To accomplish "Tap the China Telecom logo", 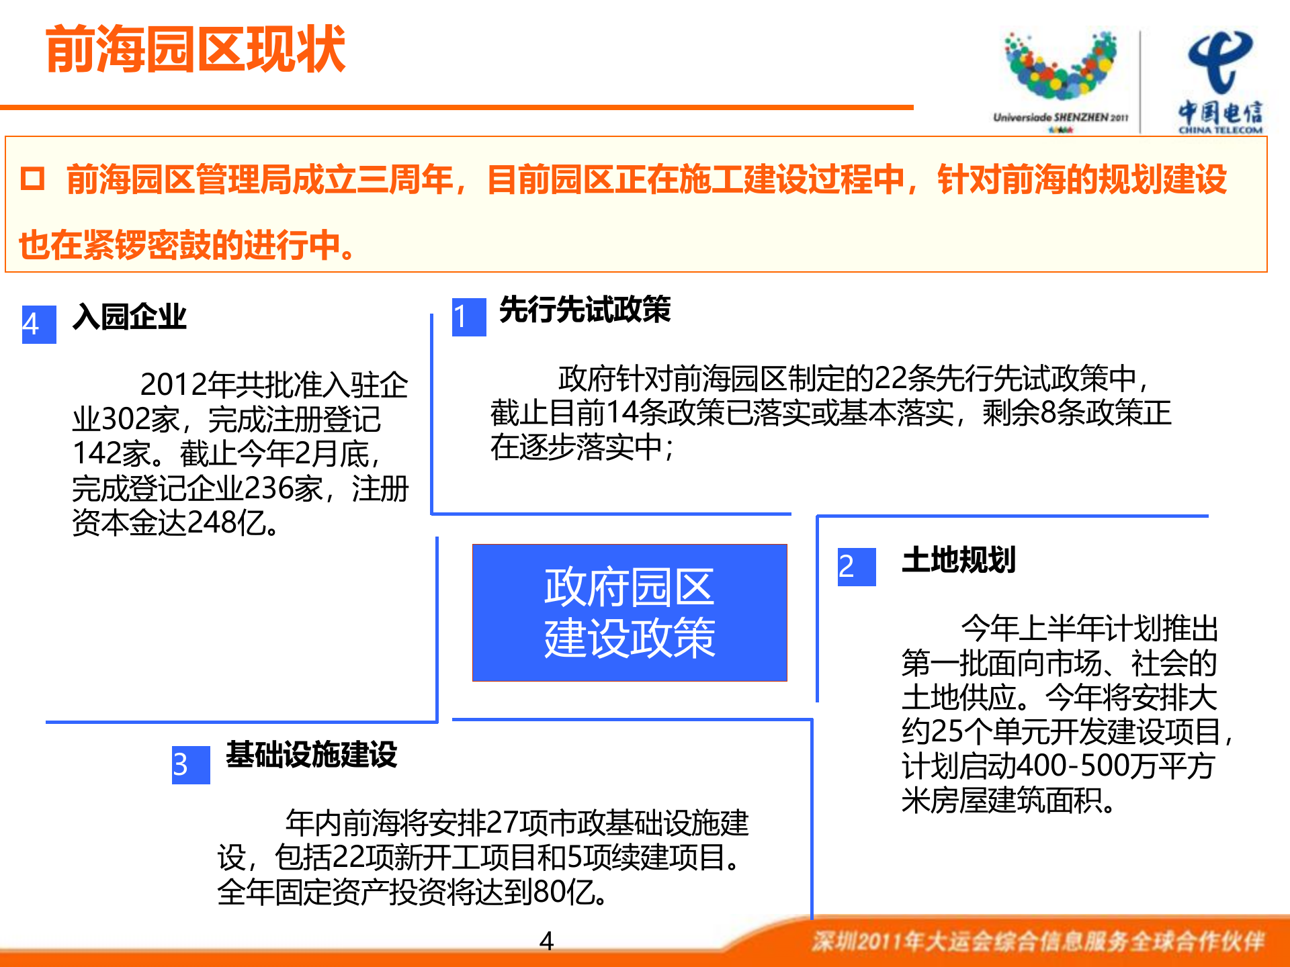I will (1219, 81).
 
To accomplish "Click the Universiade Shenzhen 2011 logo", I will (1060, 77).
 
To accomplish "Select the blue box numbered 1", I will (468, 317).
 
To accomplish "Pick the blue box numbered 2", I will (856, 567).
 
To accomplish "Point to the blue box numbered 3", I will (190, 765).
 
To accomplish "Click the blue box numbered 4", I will (38, 324).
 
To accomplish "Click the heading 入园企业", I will (129, 316).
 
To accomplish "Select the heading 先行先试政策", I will (585, 310).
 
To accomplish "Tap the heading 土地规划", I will (958, 560).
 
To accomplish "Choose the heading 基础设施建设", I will (311, 754).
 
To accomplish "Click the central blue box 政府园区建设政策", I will (630, 612).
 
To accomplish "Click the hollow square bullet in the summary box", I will (32, 179).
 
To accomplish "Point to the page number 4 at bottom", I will (546, 941).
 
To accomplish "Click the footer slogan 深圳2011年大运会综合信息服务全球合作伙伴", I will (1038, 941).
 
